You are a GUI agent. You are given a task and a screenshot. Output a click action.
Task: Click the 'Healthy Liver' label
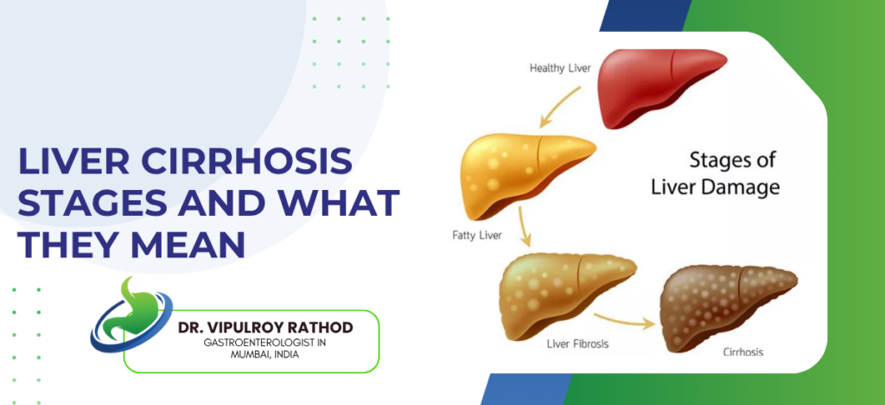[x=559, y=67]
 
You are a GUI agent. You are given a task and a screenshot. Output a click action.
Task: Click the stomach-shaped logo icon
[x=125, y=313]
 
